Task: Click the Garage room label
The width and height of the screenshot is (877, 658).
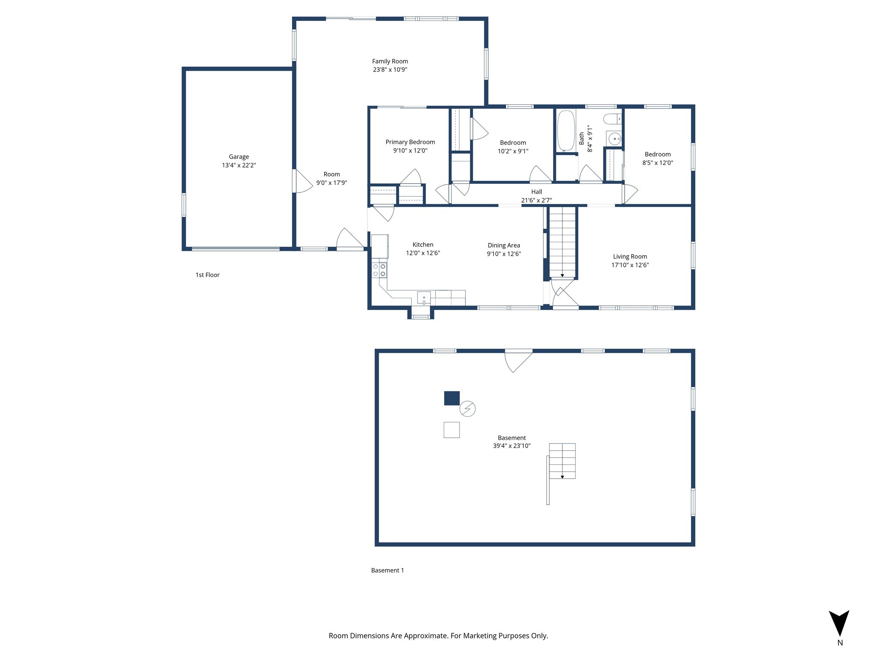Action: (239, 157)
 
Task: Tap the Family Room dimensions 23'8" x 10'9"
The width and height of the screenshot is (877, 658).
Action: (390, 69)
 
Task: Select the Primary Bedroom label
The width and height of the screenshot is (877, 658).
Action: (410, 142)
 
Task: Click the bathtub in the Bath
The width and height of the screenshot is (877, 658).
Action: (565, 131)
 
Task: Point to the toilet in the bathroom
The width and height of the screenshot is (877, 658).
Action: (612, 119)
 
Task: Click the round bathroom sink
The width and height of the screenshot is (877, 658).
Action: (614, 139)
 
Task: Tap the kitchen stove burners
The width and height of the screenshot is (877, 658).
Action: (379, 270)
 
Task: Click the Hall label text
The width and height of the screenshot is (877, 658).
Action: (536, 192)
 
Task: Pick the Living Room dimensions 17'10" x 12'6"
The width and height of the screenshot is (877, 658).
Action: (630, 265)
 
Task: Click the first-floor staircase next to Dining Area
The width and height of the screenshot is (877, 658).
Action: (562, 242)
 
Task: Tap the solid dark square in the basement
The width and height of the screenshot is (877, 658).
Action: (452, 398)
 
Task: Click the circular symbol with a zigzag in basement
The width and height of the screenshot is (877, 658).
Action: (467, 409)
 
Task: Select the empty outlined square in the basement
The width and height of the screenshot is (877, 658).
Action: (451, 430)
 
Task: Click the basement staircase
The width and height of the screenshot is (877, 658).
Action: (562, 461)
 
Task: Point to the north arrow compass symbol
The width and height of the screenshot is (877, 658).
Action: (839, 623)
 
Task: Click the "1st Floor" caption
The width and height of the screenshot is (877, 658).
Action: (207, 275)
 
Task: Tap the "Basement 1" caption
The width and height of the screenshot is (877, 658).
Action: (387, 570)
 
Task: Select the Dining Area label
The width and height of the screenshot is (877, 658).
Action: (504, 245)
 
